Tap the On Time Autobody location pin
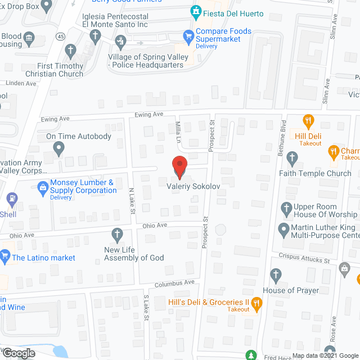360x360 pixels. click(x=58, y=148)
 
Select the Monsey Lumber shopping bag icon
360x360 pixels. click(x=42, y=186)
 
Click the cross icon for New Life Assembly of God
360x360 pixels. click(x=118, y=233)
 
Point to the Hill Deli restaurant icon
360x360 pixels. click(x=308, y=120)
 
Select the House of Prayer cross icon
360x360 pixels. click(x=275, y=275)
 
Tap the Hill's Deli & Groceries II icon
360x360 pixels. click(x=256, y=304)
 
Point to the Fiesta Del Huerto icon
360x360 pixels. click(x=195, y=10)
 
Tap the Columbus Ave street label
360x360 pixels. click(x=174, y=282)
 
